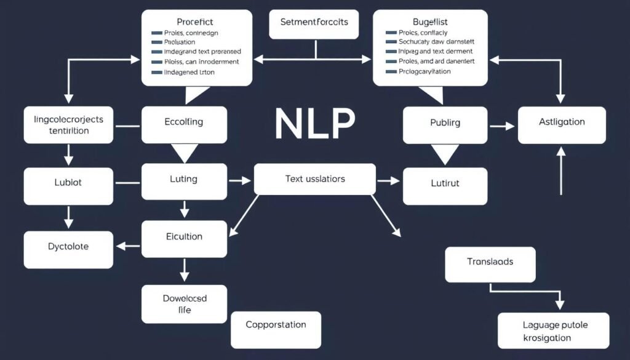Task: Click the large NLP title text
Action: pyautogui.click(x=314, y=124)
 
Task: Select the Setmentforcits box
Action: pyautogui.click(x=314, y=23)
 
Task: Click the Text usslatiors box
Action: pyautogui.click(x=314, y=179)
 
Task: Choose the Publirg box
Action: pyautogui.click(x=445, y=124)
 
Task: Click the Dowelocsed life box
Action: pyautogui.click(x=184, y=304)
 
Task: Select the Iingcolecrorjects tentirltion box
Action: pyautogui.click(x=68, y=125)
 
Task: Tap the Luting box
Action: pyautogui.click(x=184, y=180)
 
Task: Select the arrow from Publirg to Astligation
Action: pyautogui.click(x=501, y=126)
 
